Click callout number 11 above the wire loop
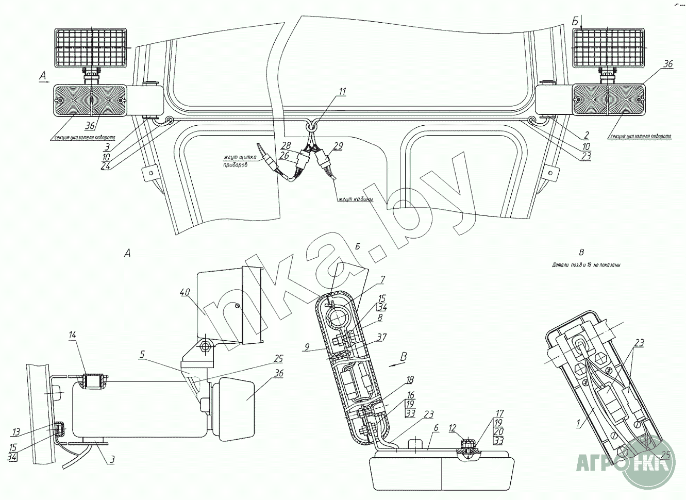tap(343, 92)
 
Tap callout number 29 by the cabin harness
tap(338, 146)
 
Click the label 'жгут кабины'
tap(356, 199)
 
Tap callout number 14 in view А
tap(73, 335)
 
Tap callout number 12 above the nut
tap(453, 427)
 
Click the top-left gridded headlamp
tap(91, 47)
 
